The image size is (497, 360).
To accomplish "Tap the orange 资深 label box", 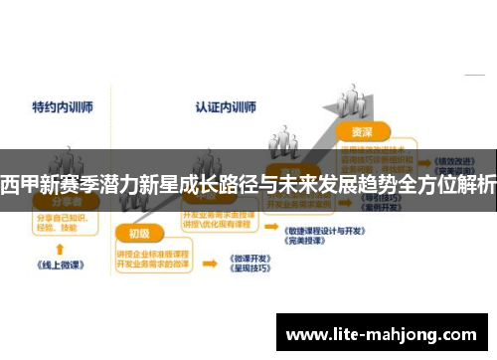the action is pyautogui.click(x=362, y=130).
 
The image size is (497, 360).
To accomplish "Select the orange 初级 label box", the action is pyautogui.click(x=138, y=235).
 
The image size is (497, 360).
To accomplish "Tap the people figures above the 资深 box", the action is pyautogui.click(x=285, y=139).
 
